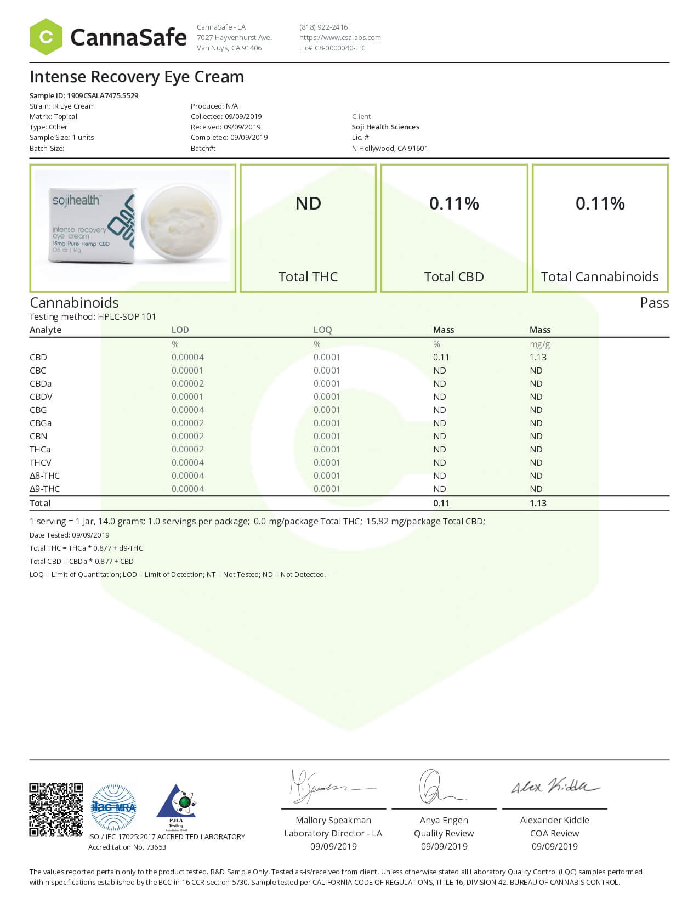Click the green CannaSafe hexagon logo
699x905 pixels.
46,37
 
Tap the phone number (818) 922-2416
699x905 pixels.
323,27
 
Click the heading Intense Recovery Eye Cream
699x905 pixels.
137,77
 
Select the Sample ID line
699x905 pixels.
84,95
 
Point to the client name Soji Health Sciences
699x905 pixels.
385,127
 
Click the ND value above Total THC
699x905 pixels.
308,203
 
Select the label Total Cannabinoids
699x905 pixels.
600,276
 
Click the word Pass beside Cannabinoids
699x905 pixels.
654,303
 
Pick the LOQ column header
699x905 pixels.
322,330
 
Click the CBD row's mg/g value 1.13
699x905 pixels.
538,357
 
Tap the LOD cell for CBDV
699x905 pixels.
187,397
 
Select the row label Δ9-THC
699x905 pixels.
44,489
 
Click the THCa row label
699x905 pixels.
40,449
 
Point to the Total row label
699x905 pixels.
40,503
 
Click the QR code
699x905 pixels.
56,810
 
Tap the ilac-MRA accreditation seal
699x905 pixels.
113,807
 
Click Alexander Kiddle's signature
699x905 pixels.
554,787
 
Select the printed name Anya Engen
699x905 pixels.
444,820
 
